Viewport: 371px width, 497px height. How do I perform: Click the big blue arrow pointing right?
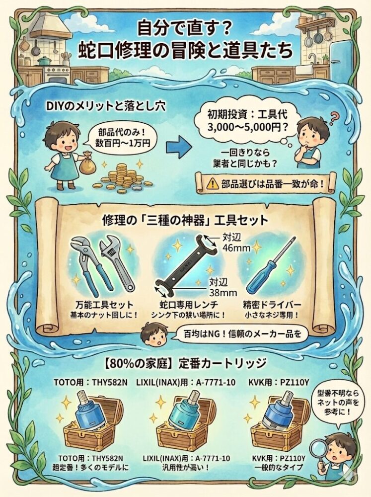click(x=178, y=147)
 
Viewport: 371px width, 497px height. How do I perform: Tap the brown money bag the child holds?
click(x=87, y=163)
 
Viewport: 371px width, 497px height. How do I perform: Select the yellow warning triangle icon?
click(x=211, y=183)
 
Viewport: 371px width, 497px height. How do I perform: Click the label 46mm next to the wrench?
click(x=236, y=248)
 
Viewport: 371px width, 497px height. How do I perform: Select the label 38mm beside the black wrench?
click(x=222, y=292)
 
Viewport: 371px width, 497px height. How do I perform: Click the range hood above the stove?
click(x=51, y=28)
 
